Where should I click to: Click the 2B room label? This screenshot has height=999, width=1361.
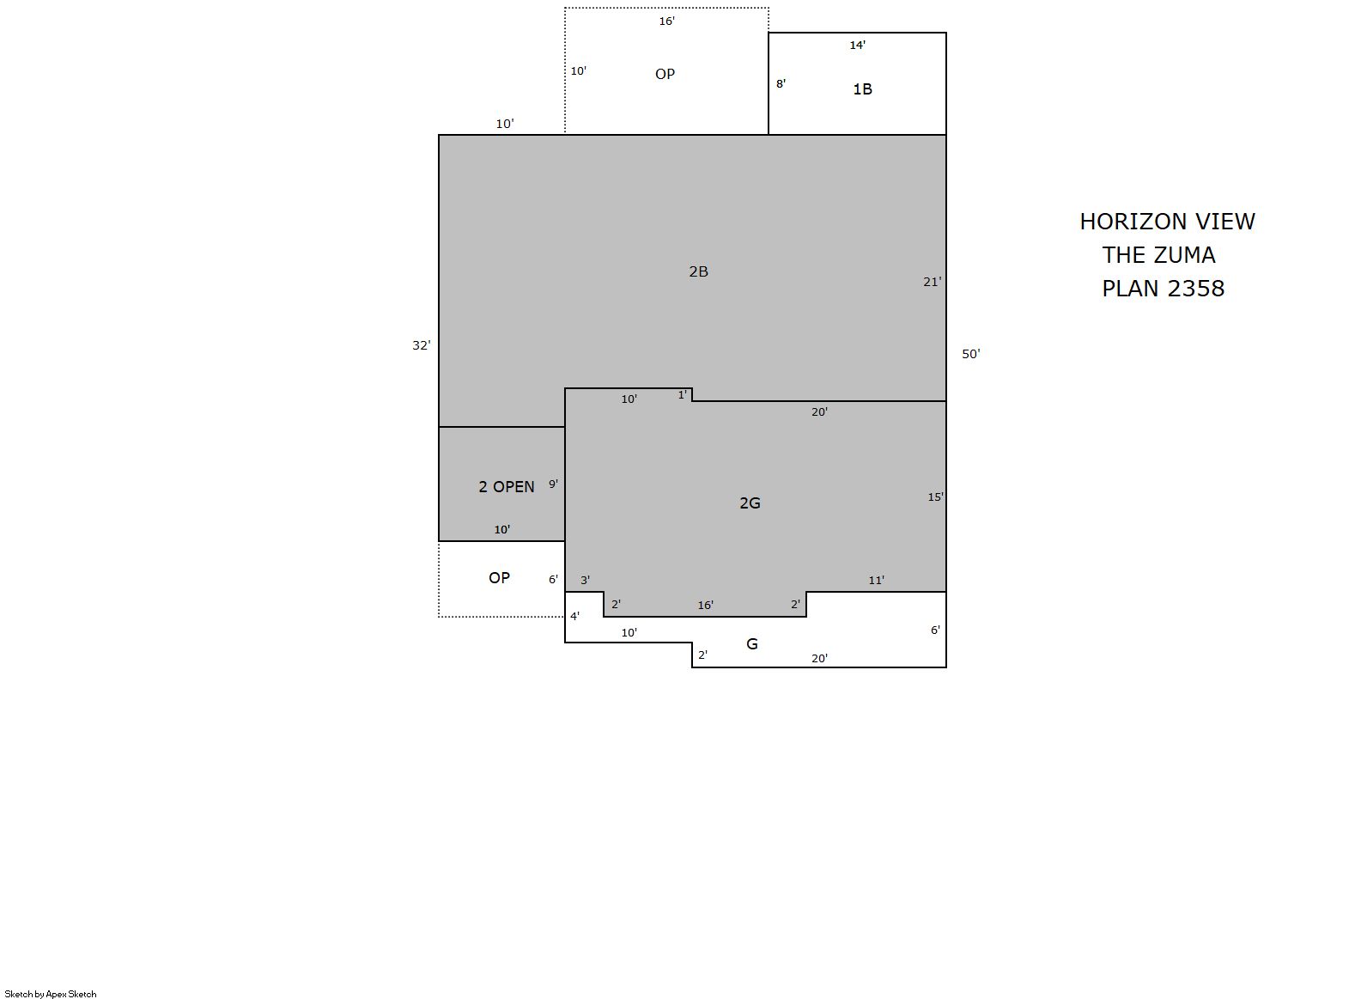click(x=698, y=271)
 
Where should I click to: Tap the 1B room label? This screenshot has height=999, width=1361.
click(x=862, y=89)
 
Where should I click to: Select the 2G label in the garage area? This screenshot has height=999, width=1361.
click(x=750, y=503)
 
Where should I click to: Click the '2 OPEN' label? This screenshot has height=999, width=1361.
click(x=506, y=487)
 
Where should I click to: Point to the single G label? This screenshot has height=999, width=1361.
click(x=751, y=644)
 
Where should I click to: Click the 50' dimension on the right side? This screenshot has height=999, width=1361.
click(x=971, y=354)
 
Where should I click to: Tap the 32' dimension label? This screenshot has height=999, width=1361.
click(x=421, y=346)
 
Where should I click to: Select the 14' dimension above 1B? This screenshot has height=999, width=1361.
click(x=857, y=45)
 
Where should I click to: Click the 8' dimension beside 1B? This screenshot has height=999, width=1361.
click(x=781, y=84)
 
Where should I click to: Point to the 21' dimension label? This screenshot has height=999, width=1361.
click(x=932, y=282)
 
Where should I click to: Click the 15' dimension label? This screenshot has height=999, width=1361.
click(x=935, y=497)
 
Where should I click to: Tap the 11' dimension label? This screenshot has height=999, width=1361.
click(x=876, y=581)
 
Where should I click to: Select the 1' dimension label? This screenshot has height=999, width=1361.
click(x=683, y=395)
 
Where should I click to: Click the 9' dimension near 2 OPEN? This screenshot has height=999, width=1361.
click(x=553, y=484)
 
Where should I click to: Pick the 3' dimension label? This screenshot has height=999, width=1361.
click(x=585, y=581)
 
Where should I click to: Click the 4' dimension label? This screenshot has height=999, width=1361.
click(x=574, y=616)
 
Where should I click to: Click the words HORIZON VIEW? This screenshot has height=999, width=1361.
click(x=1167, y=222)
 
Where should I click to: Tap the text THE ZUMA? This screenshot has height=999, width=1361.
click(x=1158, y=255)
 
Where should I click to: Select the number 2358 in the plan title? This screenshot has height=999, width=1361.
click(x=1196, y=289)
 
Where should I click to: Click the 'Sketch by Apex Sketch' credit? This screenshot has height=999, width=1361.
click(x=51, y=994)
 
